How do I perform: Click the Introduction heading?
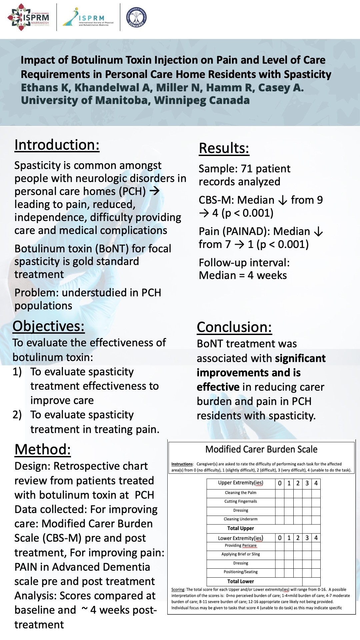tap(57, 145)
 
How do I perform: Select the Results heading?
tap(224, 148)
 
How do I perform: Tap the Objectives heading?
tap(49, 326)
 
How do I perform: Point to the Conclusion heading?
tap(234, 327)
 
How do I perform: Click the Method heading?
tap(43, 449)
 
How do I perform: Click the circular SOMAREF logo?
tap(136, 17)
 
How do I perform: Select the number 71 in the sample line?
tap(246, 169)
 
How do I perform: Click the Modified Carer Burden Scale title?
tap(261, 449)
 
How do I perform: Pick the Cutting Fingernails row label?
tap(241, 501)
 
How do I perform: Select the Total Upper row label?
tap(241, 528)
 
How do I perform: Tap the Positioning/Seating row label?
tap(241, 572)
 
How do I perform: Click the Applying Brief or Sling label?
tap(241, 554)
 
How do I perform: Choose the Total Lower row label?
tap(241, 581)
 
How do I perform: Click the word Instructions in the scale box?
tap(182, 464)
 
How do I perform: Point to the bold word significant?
tap(300, 358)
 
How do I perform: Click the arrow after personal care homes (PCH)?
tap(154, 191)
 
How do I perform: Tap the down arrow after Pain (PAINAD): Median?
tap(319, 232)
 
